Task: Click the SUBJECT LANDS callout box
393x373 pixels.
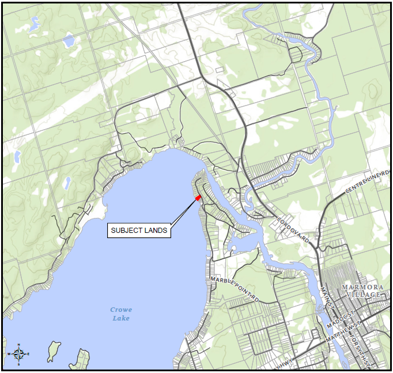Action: pos(139,230)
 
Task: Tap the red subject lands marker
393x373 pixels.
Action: pos(198,198)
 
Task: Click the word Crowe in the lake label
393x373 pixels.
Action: pos(121,310)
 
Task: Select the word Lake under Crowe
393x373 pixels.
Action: pos(121,318)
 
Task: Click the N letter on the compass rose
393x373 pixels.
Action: pos(18,345)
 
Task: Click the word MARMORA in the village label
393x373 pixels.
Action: pos(361,287)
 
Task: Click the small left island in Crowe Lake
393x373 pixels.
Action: pos(54,350)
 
